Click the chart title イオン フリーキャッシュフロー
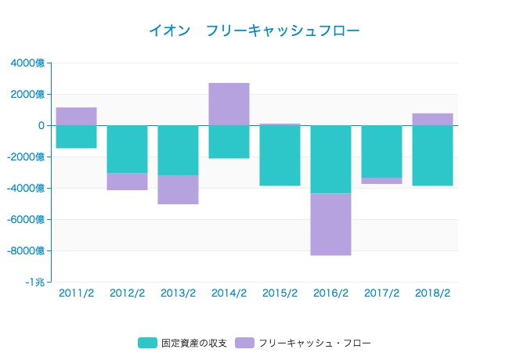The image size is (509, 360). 254,31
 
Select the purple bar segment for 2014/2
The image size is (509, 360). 229,104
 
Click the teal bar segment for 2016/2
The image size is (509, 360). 330,159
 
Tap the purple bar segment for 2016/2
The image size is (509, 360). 330,224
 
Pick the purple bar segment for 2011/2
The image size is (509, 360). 76,116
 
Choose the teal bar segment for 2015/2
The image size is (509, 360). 280,156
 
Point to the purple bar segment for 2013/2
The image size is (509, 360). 178,189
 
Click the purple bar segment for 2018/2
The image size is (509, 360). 432,119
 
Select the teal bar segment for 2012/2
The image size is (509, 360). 127,149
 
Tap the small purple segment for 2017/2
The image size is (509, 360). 381,181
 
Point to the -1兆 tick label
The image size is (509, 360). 34,283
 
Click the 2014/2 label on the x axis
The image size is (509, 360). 229,293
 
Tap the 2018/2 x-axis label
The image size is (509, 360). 432,293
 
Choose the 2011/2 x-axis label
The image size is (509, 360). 76,293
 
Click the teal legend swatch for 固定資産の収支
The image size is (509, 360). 147,343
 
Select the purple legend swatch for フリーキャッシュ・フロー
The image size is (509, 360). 244,343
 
